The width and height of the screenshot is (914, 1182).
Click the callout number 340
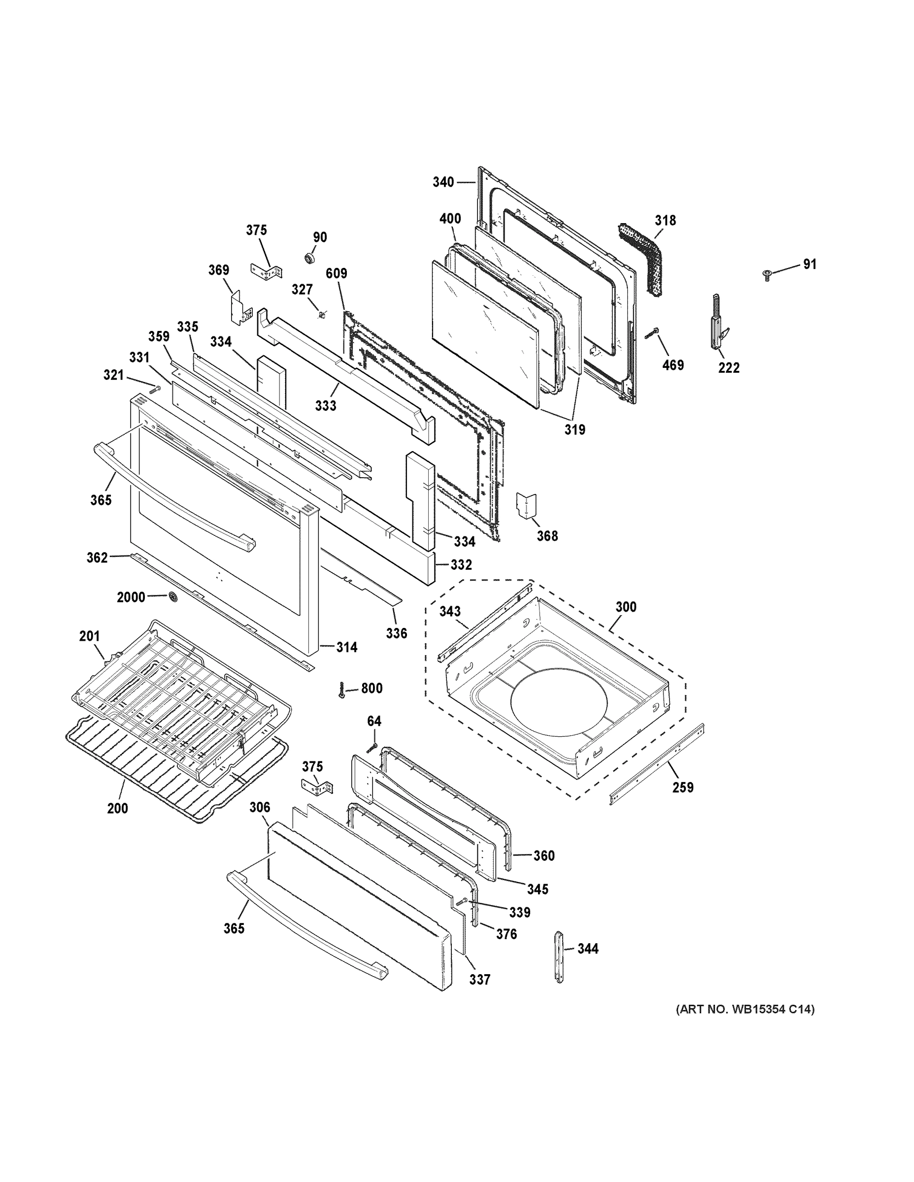click(443, 182)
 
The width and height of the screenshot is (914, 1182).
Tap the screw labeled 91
click(767, 275)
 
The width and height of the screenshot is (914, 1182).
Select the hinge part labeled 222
click(717, 324)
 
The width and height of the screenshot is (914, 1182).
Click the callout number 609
click(336, 273)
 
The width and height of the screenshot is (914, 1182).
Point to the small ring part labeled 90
click(310, 258)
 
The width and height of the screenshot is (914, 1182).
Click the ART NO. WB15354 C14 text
click(745, 1009)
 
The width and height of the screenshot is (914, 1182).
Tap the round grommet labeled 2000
click(173, 596)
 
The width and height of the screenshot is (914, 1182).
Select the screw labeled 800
click(341, 689)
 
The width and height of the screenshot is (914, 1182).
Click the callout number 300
click(626, 607)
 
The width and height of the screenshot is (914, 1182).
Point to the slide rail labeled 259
click(657, 764)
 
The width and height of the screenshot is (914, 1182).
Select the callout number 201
click(89, 636)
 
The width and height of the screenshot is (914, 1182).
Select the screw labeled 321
click(154, 388)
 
